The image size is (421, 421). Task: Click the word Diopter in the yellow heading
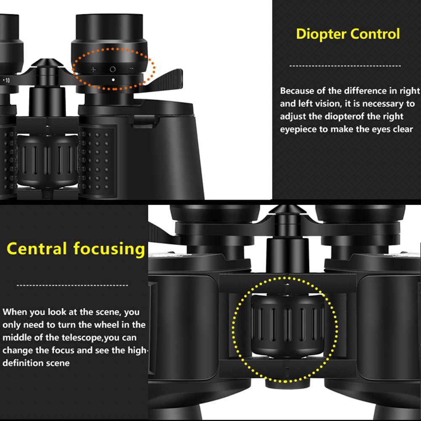click(321, 34)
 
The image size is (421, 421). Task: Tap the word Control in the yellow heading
click(374, 34)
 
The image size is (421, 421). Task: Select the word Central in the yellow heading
click(37, 249)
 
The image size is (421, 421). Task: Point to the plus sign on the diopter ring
click(93, 69)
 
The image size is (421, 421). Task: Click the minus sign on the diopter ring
click(131, 69)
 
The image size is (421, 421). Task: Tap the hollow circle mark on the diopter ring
click(112, 69)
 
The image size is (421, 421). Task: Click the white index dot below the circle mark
click(113, 79)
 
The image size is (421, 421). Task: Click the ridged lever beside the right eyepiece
click(166, 79)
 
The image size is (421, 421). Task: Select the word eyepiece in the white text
click(298, 129)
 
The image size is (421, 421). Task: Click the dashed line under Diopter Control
click(345, 66)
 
